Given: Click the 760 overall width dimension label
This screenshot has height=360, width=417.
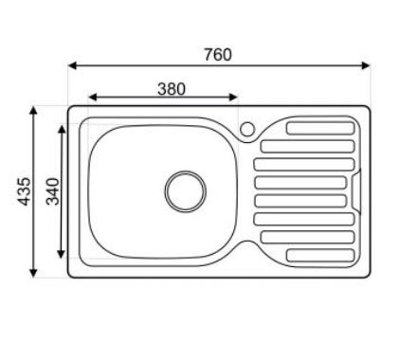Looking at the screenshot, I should [x=217, y=54].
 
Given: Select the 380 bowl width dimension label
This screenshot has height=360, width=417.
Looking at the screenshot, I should [x=170, y=88].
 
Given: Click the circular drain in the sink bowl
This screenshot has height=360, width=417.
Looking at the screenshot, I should [x=183, y=189].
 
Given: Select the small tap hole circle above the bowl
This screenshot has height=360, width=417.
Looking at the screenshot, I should [x=248, y=128].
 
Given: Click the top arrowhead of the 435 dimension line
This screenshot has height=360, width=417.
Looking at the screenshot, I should [x=35, y=109].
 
